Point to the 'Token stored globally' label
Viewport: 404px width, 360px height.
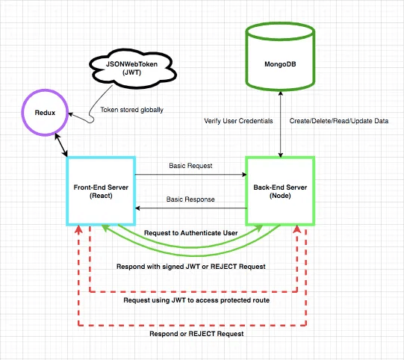(131, 110)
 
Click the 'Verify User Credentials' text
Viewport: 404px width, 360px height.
(238, 121)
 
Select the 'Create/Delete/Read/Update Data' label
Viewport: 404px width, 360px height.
(339, 121)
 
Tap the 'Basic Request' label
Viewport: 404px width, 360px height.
(190, 166)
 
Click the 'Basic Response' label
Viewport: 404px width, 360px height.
(190, 199)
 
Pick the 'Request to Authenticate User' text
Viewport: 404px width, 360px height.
(191, 233)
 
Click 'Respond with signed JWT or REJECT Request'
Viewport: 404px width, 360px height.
(191, 267)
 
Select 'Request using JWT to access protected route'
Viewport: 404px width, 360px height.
(196, 300)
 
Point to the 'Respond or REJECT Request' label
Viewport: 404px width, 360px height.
(196, 334)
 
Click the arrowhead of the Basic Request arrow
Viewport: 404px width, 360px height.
(244, 175)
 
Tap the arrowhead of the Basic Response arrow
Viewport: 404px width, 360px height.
(137, 208)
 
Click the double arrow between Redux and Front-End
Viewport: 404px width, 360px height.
(61, 145)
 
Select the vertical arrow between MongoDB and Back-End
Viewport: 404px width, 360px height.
(281, 124)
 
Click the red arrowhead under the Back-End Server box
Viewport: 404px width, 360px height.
(297, 229)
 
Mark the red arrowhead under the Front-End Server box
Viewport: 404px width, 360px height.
(78, 229)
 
